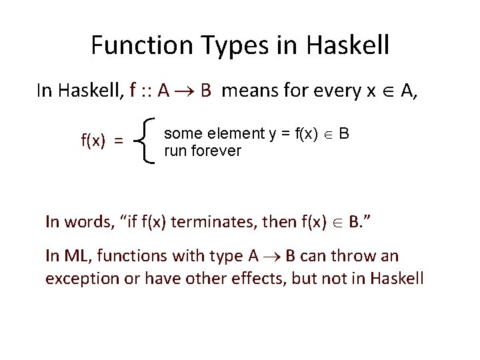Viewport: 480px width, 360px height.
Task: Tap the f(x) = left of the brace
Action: coord(101,140)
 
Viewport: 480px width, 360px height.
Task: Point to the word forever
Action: coord(215,151)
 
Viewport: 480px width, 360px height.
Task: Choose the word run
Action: coord(175,151)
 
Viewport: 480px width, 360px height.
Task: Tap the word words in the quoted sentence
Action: coord(86,222)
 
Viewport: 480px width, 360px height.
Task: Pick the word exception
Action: coord(81,278)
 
